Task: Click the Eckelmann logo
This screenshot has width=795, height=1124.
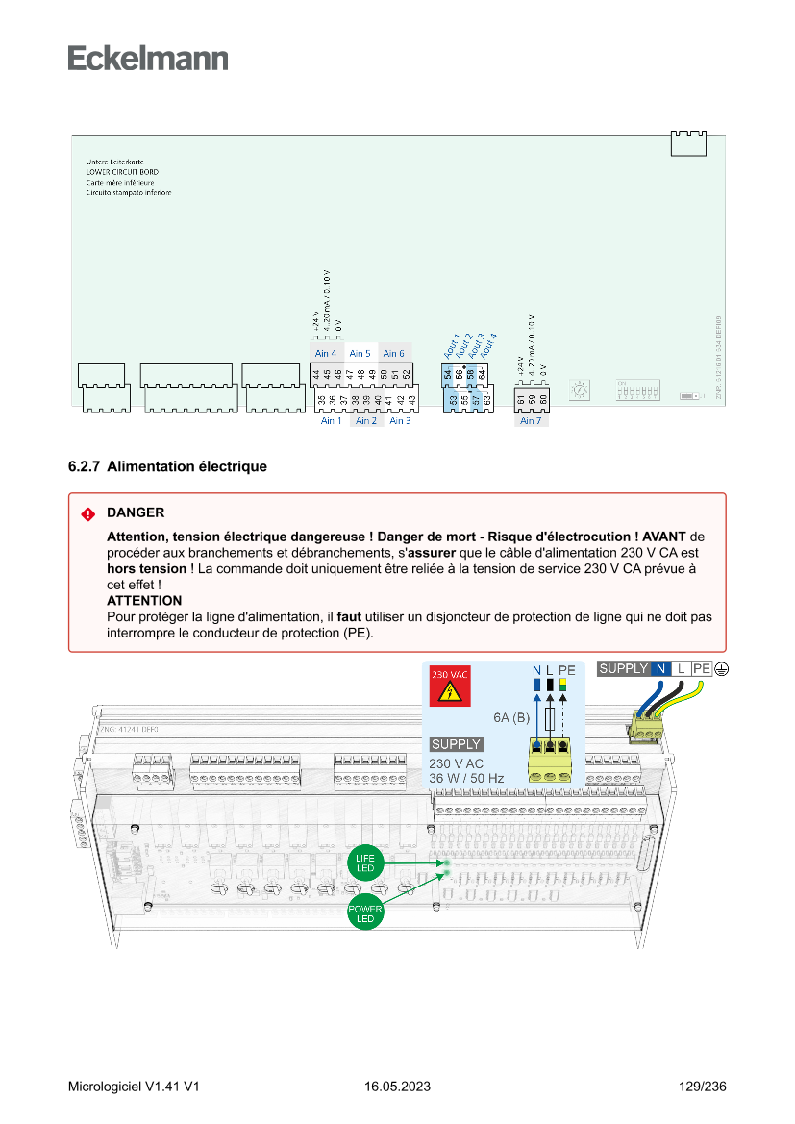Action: coord(148,59)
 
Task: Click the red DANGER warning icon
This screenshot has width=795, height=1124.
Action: coord(88,513)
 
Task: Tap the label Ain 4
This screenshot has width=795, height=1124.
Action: coord(326,354)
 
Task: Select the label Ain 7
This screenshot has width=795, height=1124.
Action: coord(531,421)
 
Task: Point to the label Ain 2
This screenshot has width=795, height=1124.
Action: coord(366,421)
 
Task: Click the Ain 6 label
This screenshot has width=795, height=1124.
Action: coord(394,354)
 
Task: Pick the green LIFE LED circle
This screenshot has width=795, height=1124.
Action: coord(365,862)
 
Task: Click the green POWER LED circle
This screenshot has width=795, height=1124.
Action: coord(365,913)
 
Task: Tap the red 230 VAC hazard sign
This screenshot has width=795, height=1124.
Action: coord(449,687)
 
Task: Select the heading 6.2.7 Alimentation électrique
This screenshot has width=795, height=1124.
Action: coord(167,466)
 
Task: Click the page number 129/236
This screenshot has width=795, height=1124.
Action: coord(702,1087)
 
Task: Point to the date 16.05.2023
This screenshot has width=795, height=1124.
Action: coord(397,1087)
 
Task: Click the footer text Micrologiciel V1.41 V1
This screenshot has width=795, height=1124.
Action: coord(134,1087)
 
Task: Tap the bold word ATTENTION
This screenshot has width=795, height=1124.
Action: coord(144,600)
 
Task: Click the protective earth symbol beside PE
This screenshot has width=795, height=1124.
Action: coord(721,668)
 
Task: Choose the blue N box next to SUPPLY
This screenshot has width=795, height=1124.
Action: coord(660,668)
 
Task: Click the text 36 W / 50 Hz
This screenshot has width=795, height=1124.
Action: coord(466,778)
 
